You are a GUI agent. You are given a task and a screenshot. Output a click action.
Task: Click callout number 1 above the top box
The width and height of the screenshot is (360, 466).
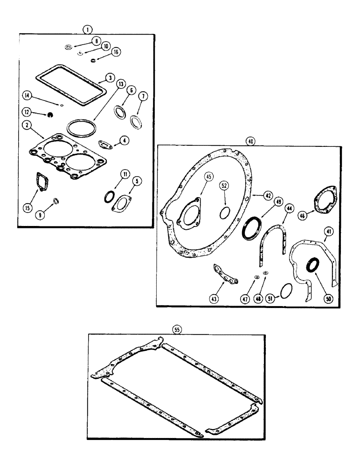[86, 29]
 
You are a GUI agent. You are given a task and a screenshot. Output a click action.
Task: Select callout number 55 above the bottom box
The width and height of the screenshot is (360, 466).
[177, 329]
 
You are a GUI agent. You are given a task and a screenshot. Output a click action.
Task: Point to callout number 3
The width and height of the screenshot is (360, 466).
[110, 76]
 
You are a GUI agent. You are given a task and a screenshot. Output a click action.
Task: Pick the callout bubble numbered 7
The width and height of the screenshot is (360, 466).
[142, 96]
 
